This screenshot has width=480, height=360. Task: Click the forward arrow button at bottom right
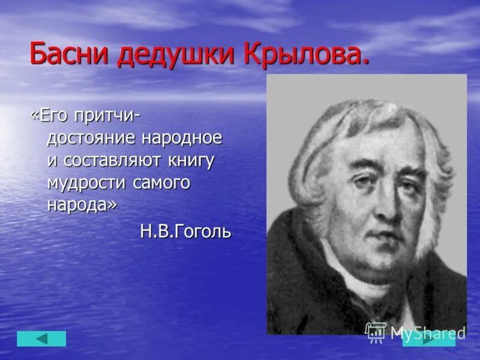pyautogui.click(x=428, y=340)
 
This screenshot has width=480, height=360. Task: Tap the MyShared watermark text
pyautogui.click(x=427, y=332)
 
